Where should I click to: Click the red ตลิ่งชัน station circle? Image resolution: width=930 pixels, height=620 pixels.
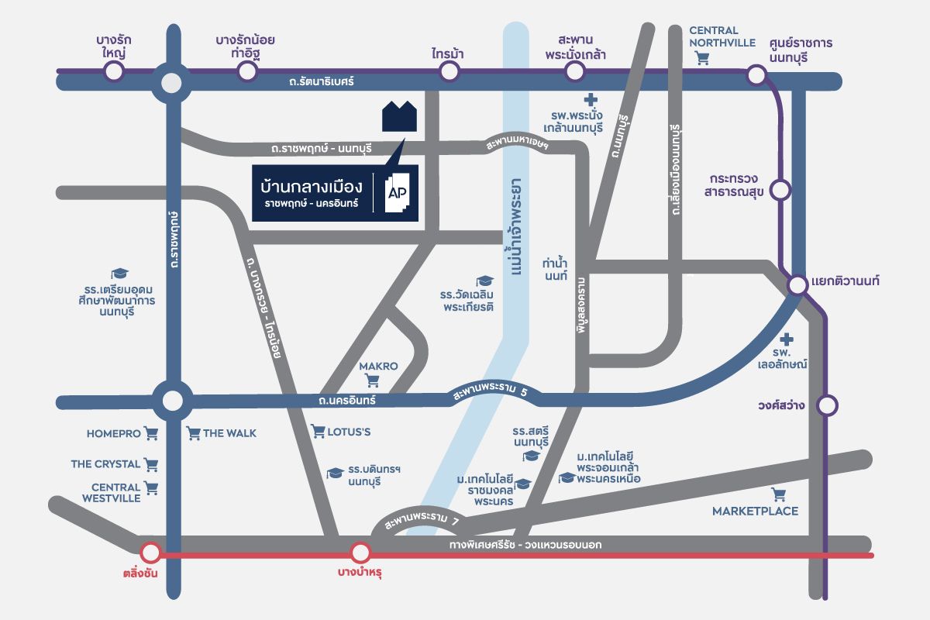(x=150, y=553)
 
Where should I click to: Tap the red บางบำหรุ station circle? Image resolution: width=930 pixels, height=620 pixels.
(x=360, y=553)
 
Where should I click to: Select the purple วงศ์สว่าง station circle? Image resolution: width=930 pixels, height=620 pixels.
(x=828, y=405)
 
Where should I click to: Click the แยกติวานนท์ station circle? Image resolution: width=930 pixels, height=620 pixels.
(x=797, y=285)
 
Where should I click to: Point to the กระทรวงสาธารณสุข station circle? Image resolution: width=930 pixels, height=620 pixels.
(x=781, y=188)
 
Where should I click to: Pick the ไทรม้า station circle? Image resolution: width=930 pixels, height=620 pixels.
(x=449, y=72)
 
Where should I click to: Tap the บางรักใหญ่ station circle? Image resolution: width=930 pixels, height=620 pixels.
(x=114, y=72)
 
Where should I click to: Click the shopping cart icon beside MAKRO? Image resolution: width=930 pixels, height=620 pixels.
(x=373, y=381)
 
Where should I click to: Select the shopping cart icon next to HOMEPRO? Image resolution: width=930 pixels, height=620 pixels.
(x=151, y=434)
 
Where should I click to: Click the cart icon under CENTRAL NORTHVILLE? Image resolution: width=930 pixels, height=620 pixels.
(x=703, y=57)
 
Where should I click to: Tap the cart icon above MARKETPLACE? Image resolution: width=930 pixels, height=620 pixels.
(x=779, y=494)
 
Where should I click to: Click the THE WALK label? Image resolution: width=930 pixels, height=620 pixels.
(x=229, y=433)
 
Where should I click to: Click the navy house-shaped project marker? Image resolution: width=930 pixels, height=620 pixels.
(x=400, y=115)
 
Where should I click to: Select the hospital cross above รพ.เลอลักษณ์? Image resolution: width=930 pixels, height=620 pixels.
(x=787, y=339)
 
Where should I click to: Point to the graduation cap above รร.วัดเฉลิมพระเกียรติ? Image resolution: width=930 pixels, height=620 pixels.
(x=484, y=281)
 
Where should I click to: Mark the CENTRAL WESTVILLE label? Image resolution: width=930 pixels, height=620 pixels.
(x=116, y=492)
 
